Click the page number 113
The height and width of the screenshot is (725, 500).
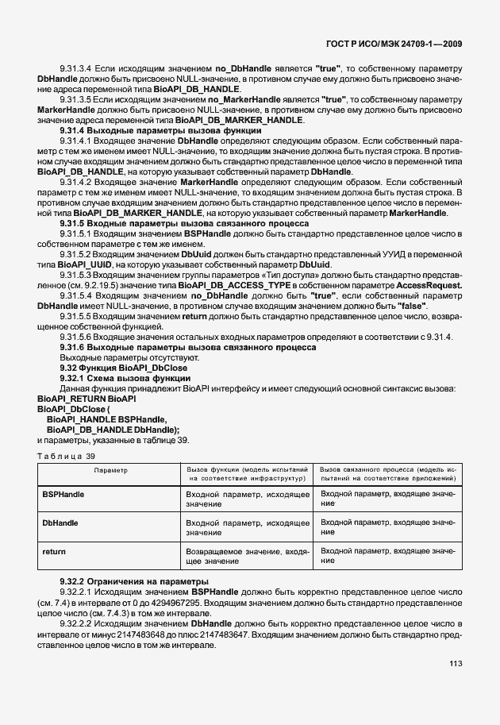point(456,686)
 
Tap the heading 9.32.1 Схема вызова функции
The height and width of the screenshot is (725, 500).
point(121,377)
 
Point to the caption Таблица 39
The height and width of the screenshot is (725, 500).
point(66,455)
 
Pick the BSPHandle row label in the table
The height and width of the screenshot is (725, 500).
point(63,495)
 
